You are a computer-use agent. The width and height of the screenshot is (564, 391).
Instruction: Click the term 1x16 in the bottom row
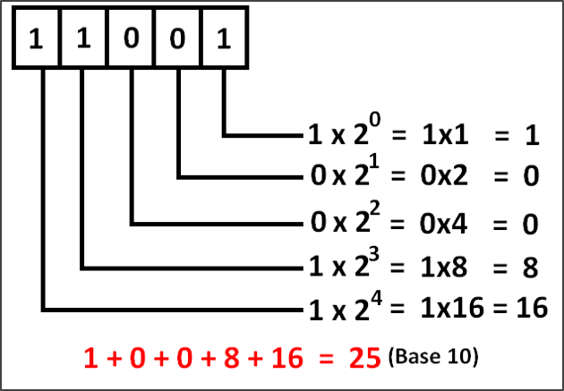pos(455,309)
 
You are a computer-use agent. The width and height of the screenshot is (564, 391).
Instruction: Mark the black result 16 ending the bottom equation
pos(531,309)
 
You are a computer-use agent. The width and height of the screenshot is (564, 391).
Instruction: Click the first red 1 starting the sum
pos(89,358)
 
